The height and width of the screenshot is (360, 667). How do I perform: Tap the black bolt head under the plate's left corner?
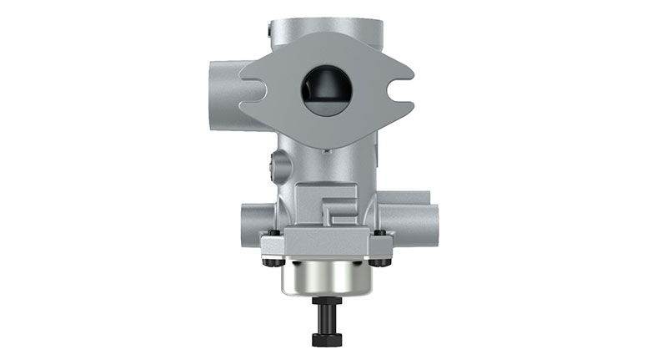pyautogui.click(x=269, y=262)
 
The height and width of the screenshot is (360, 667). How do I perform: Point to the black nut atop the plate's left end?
pyautogui.click(x=273, y=232)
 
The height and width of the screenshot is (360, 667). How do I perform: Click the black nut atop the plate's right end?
pyautogui.click(x=379, y=232)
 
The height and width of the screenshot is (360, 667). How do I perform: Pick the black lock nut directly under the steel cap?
pyautogui.click(x=326, y=302)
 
